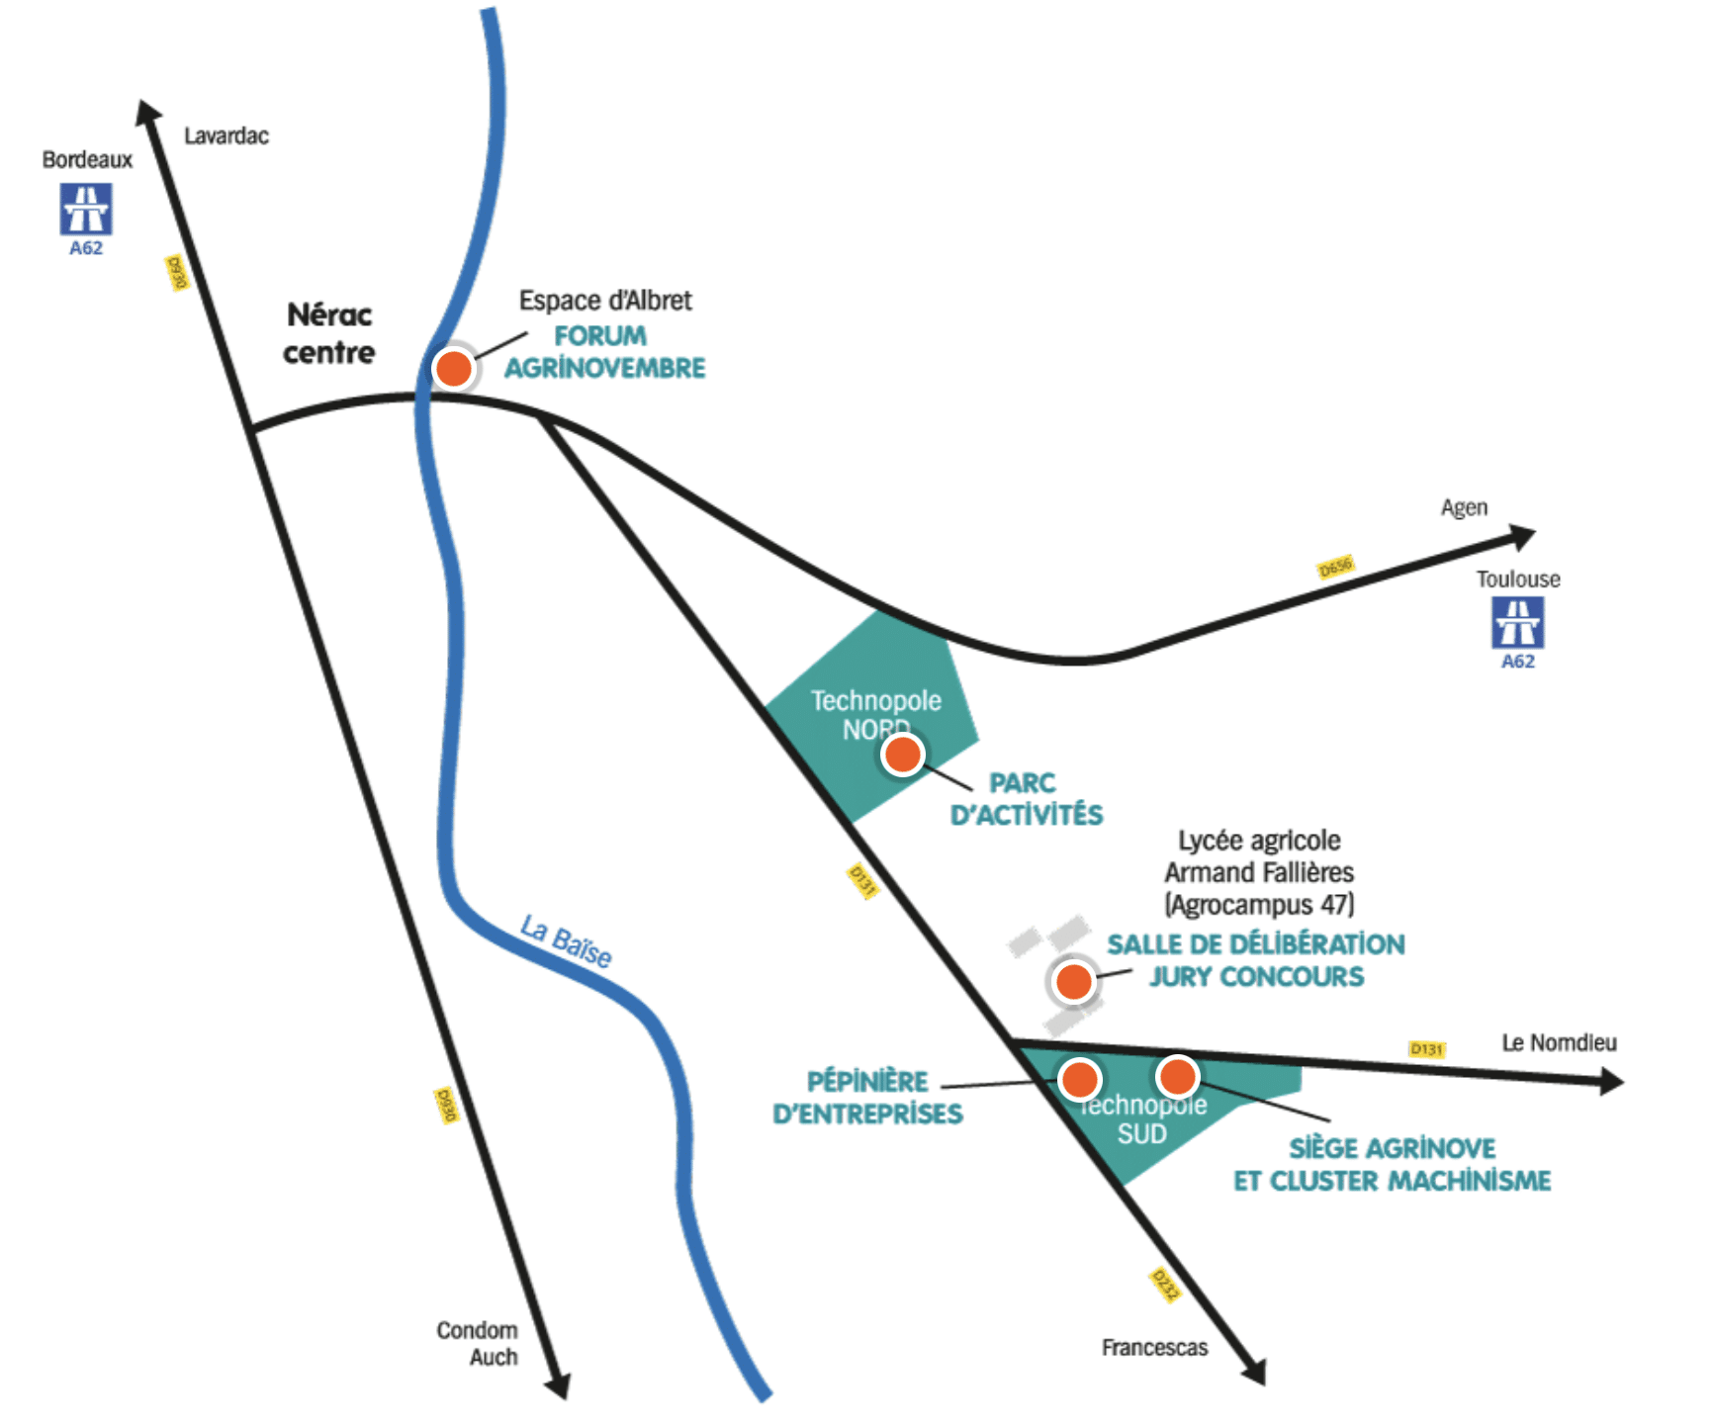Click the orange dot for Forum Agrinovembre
coord(454,369)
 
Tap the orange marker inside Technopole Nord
coord(902,756)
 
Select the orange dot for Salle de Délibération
coord(1074,982)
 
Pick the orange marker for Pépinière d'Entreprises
coord(1079,1079)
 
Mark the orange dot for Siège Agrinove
coord(1177,1075)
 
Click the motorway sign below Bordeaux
coord(86,209)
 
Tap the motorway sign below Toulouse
coord(1517,622)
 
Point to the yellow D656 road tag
coord(1335,567)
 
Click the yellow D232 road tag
coord(1165,1285)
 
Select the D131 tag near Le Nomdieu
coord(1426,1048)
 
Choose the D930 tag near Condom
coord(446,1105)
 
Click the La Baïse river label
coord(566,941)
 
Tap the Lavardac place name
coord(226,135)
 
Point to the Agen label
coord(1464,507)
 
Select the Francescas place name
coord(1154,1347)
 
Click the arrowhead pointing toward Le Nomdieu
coord(1611,1082)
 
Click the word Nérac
coord(329,315)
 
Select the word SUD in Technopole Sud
coord(1141,1133)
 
